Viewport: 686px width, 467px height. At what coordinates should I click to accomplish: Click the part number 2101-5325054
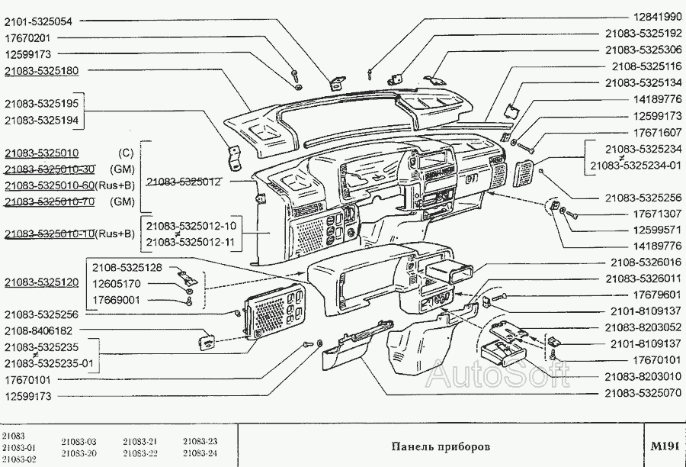tap(39, 21)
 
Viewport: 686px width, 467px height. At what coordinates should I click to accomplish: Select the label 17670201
tap(27, 38)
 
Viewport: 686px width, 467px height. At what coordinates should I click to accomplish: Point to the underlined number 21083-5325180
tap(46, 70)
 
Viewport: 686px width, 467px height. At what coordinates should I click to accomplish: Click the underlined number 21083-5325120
tap(46, 282)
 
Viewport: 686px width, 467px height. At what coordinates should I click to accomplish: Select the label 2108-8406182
tap(39, 330)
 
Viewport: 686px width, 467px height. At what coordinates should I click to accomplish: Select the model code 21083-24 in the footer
tap(200, 453)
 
